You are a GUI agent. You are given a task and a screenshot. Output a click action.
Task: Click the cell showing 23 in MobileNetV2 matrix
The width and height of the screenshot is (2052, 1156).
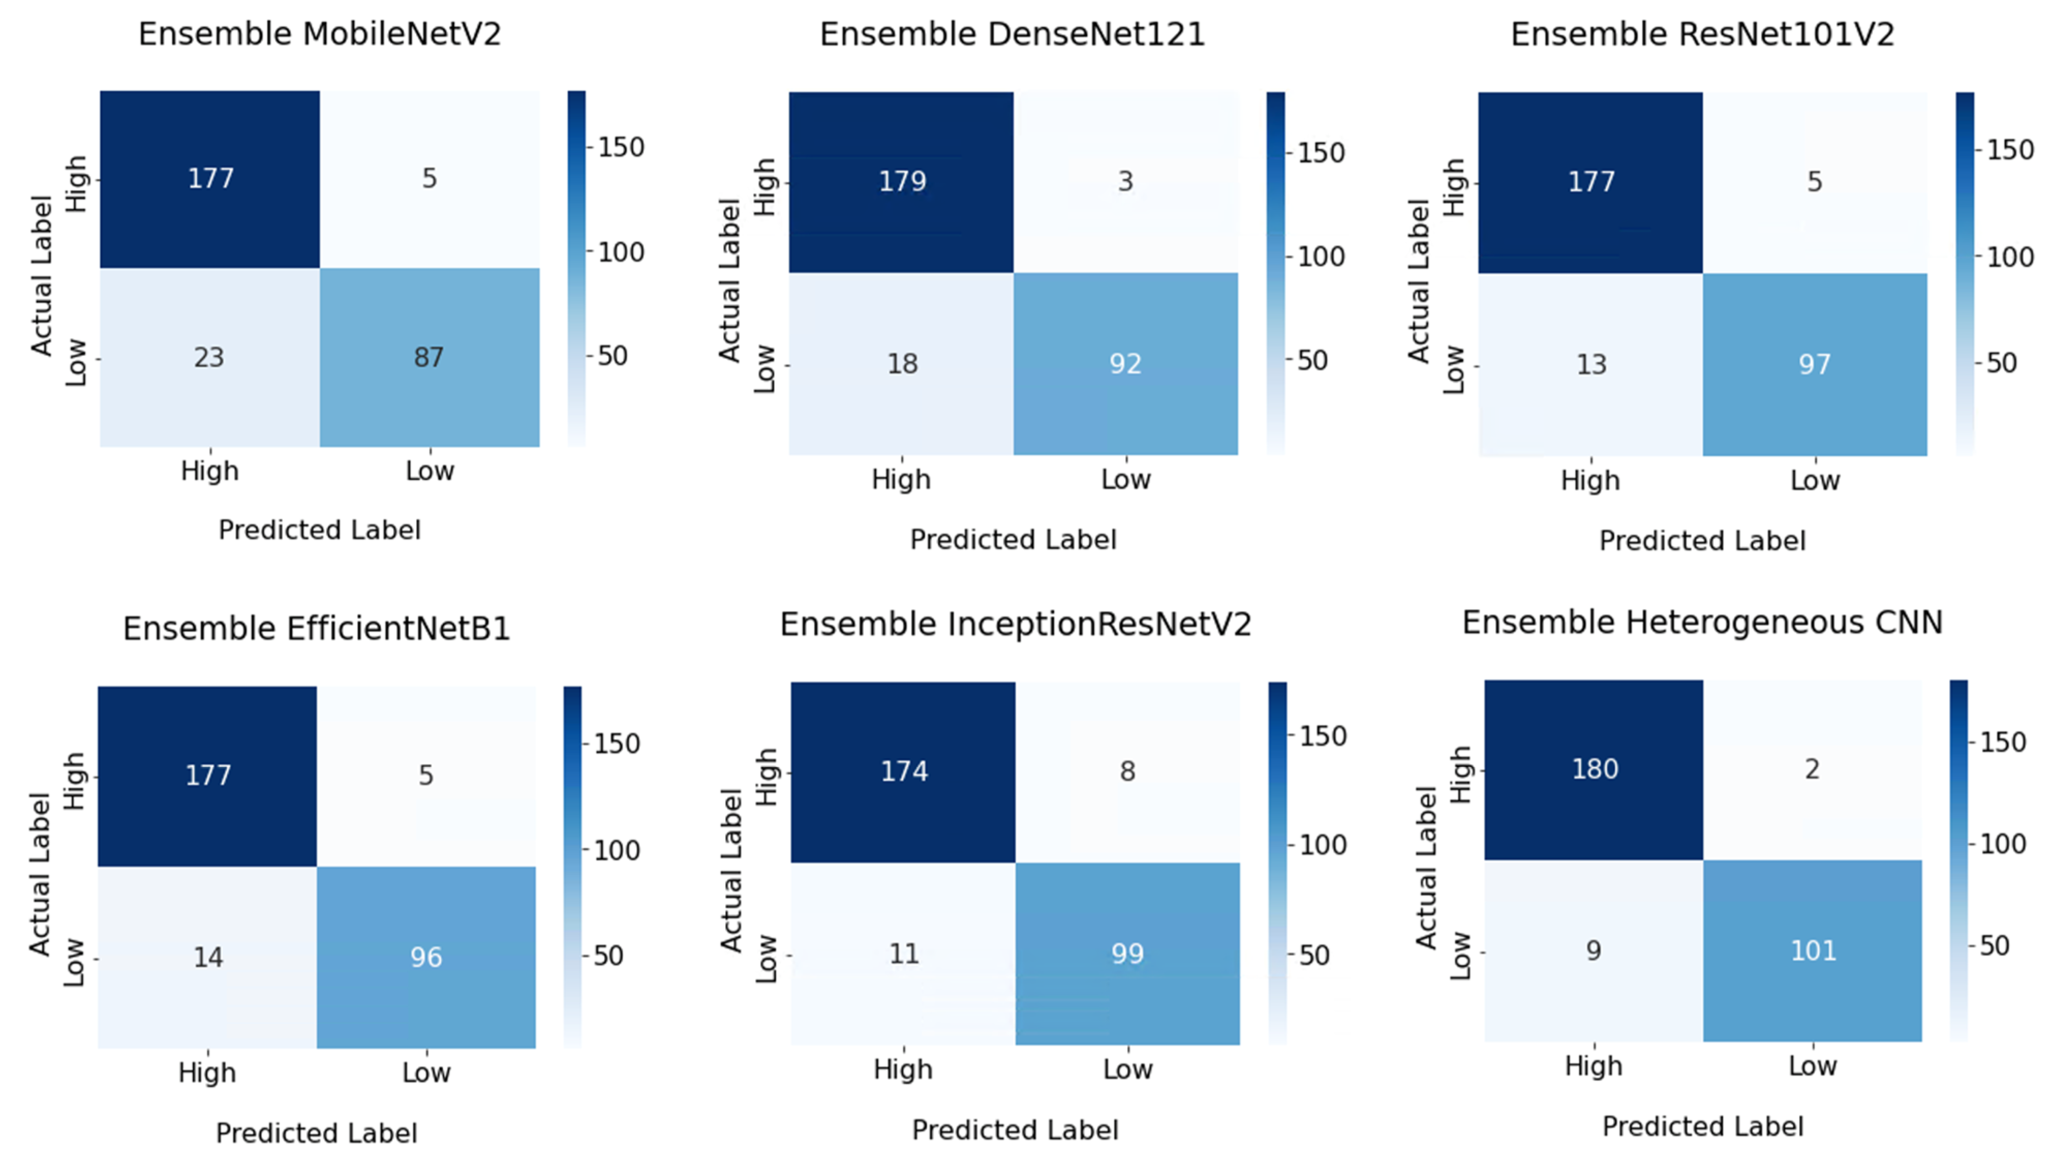pos(209,357)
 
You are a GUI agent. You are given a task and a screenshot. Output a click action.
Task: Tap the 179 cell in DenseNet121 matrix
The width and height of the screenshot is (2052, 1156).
pos(902,181)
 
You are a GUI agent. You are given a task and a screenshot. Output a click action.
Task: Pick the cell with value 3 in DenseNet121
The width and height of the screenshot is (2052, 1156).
pos(1125,181)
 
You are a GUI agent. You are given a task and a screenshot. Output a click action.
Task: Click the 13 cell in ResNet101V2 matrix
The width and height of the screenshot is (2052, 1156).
pos(1591,364)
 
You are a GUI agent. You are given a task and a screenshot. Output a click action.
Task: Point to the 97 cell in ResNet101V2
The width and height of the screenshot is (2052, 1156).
pos(1815,364)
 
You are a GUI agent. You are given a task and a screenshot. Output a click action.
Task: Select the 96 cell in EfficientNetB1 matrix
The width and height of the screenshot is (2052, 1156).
pos(426,957)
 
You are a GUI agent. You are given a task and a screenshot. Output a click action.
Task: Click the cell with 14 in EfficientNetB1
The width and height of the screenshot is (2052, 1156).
pos(208,957)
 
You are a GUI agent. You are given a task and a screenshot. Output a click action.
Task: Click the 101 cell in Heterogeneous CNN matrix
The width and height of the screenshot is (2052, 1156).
pos(1813,950)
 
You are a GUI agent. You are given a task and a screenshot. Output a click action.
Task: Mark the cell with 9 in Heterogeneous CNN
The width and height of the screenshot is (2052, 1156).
pos(1593,950)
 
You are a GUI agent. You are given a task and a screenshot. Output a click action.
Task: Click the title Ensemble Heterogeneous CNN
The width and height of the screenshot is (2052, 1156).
pos(1702,622)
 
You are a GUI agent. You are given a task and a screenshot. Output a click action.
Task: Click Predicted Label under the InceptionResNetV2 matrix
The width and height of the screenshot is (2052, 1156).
pos(1015,1130)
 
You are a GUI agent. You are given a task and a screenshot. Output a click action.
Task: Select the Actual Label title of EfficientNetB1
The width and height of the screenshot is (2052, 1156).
pos(40,874)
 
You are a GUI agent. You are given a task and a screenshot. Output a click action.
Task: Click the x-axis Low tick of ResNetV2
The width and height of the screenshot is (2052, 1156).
pos(1815,480)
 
